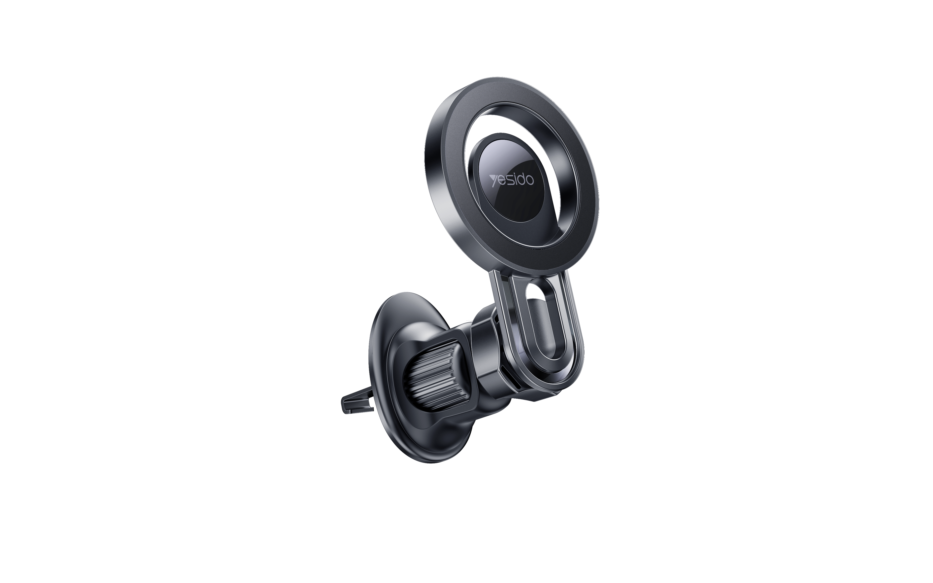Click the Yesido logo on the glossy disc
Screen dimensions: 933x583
512,180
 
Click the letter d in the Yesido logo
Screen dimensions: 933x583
521,179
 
